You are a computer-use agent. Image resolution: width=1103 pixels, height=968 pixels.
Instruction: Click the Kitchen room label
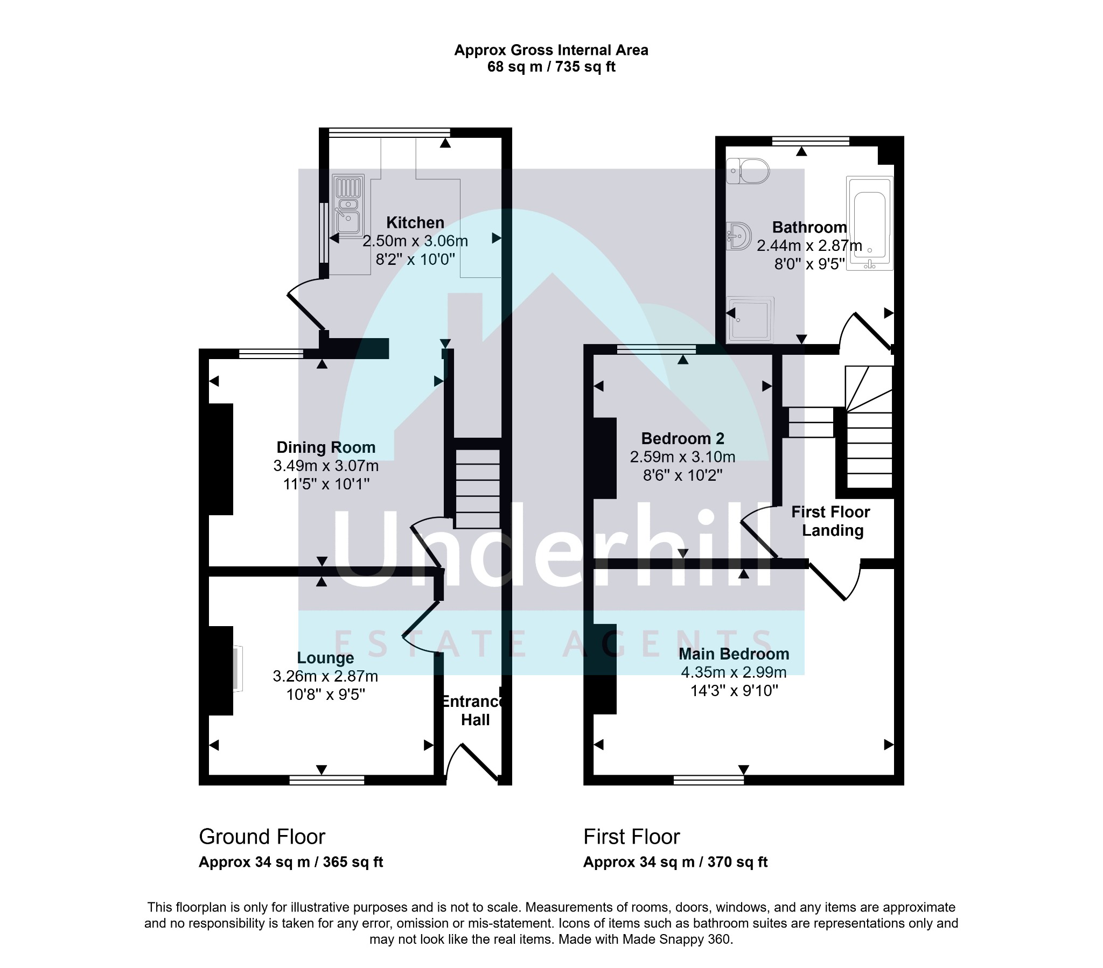(415, 223)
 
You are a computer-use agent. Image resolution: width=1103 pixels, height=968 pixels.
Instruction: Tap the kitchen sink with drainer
(348, 206)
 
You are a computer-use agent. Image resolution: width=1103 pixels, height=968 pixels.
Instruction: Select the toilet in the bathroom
(748, 171)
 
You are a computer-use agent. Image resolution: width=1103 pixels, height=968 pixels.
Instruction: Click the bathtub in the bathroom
(869, 223)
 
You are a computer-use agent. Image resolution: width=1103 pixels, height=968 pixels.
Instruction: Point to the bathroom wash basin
(738, 236)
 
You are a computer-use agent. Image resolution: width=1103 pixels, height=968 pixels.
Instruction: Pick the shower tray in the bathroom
(750, 320)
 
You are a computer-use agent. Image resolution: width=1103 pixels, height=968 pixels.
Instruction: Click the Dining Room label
(326, 447)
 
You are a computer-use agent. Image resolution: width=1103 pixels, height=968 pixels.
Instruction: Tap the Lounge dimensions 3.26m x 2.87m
(325, 676)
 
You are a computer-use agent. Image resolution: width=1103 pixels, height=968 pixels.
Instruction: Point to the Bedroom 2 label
(682, 439)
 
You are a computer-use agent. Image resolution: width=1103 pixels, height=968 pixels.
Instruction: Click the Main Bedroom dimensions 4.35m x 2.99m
(734, 672)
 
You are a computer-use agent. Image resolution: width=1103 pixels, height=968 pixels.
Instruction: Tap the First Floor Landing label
(831, 521)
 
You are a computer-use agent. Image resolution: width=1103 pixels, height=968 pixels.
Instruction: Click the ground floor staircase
(478, 489)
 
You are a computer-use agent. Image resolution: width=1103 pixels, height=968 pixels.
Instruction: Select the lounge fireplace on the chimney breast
(238, 669)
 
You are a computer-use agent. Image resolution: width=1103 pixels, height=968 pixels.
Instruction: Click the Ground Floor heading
(262, 837)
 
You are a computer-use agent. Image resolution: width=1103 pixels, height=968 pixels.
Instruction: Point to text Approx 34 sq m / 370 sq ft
(675, 862)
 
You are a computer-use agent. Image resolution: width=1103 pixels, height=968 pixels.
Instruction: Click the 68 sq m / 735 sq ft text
(551, 67)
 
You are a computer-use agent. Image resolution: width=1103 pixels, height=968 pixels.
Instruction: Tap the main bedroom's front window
(709, 779)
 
